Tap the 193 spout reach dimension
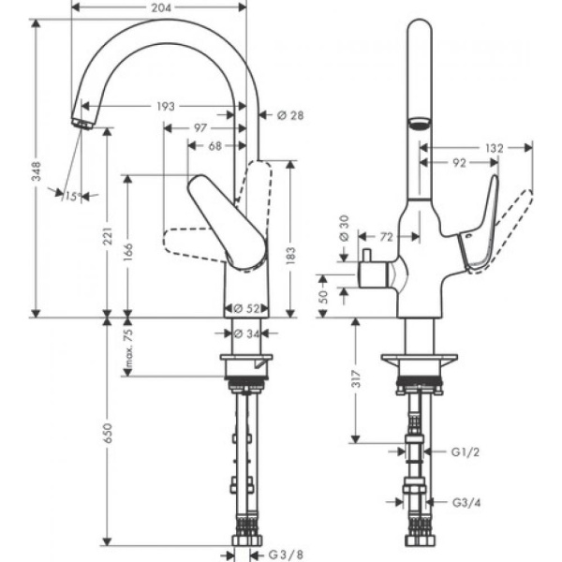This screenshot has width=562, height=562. coord(165,107)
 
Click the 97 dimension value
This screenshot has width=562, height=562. coord(200,126)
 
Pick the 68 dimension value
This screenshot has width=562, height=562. coord(214,146)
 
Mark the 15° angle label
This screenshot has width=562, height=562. coord(71,196)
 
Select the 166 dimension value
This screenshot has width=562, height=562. coord(128,253)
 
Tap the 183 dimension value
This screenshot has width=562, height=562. coord(290,252)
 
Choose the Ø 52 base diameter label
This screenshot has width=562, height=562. coord(245,307)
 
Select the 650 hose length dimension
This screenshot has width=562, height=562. coord(108,434)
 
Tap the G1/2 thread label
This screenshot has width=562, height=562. coord(466,451)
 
